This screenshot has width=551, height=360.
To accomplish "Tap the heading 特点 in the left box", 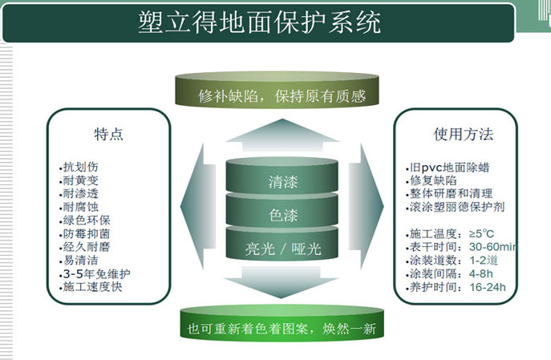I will click(x=108, y=134).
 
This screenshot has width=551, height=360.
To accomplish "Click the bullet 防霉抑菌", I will click(x=87, y=234).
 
